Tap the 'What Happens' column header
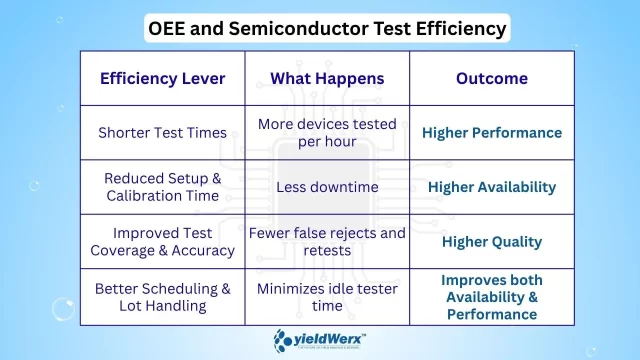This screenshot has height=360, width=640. tap(326, 79)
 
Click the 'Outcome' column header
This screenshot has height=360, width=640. tap(491, 79)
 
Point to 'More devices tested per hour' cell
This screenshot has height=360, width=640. tap(326, 132)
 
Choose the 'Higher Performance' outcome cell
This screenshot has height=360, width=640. tap(491, 132)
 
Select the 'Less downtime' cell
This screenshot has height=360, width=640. tap(326, 187)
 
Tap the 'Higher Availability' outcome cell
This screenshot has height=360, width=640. tap(491, 187)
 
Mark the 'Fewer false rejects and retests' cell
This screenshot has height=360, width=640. tap(326, 242)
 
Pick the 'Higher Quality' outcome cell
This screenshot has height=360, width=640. tap(491, 242)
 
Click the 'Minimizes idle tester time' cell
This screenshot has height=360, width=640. tap(326, 297)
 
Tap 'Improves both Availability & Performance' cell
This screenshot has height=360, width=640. tap(491, 297)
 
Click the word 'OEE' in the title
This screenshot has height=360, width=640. tap(171, 28)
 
